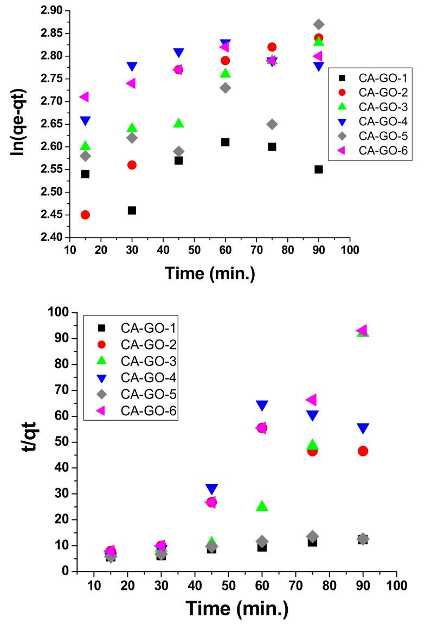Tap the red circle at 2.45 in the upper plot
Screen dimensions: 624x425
point(85,215)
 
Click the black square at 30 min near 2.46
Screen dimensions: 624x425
point(132,210)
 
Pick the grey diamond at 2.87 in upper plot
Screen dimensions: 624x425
point(319,24)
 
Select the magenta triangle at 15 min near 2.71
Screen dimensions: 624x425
point(84,97)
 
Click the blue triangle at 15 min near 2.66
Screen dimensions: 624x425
point(85,120)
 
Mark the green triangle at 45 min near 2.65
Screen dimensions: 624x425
point(178,124)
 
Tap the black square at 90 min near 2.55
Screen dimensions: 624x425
point(319,169)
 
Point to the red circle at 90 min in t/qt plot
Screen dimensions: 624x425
point(363,451)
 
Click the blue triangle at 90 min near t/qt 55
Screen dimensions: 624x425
point(363,428)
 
